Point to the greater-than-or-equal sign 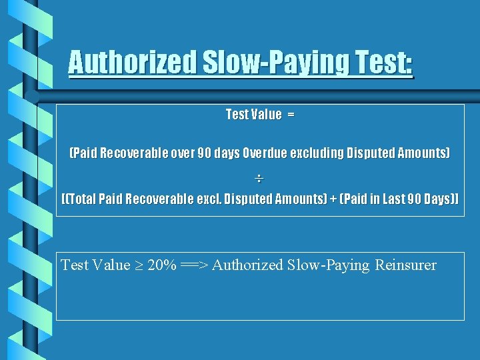[x=139, y=265]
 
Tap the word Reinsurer [x=405, y=265]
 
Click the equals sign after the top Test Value [x=291, y=115]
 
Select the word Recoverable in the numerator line [x=134, y=153]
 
